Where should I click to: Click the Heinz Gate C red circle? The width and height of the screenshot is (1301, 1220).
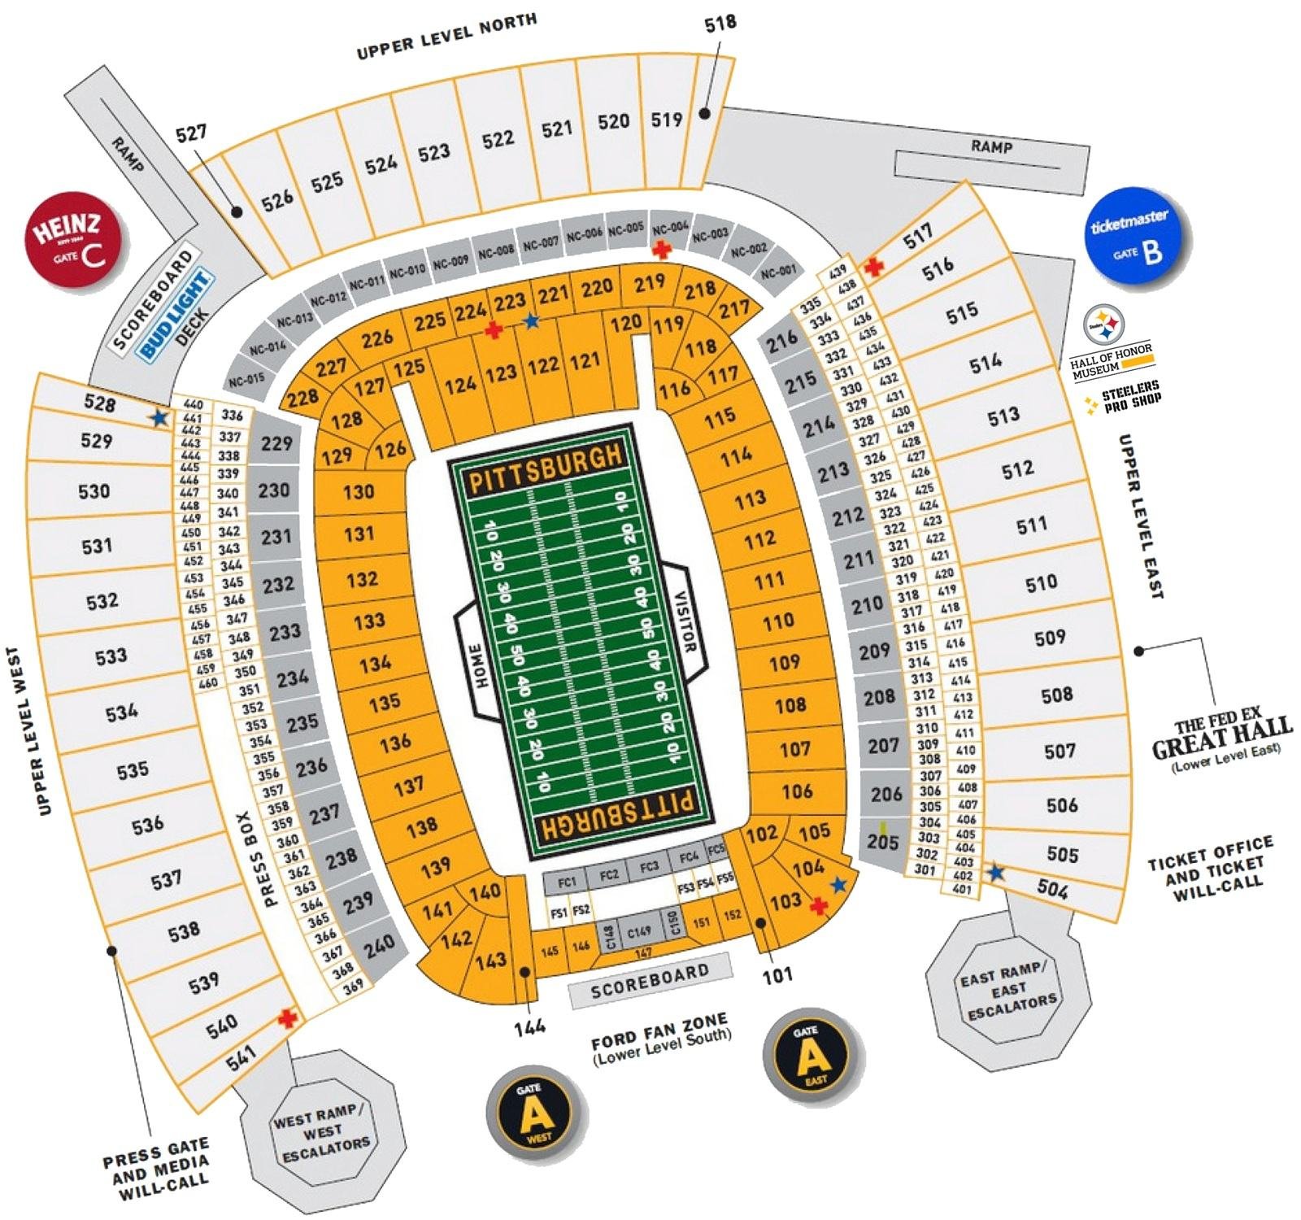[x=76, y=242]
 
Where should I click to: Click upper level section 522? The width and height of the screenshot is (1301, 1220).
[x=498, y=139]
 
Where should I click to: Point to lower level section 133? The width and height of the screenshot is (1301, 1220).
[x=369, y=621]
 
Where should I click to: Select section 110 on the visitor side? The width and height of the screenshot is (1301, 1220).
[x=778, y=621]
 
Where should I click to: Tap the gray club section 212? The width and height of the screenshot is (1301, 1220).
[x=847, y=516]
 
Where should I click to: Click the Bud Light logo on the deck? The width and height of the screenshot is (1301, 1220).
[x=174, y=315]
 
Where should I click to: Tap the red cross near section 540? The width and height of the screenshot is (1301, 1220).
[x=286, y=1017]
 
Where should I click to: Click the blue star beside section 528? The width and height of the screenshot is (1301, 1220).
[x=159, y=418]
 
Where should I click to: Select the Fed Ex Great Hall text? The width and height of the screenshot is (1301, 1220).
[x=1221, y=737]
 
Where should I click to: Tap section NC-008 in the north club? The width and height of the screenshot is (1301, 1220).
[x=496, y=251]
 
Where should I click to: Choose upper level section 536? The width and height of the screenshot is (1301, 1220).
[x=147, y=825]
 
